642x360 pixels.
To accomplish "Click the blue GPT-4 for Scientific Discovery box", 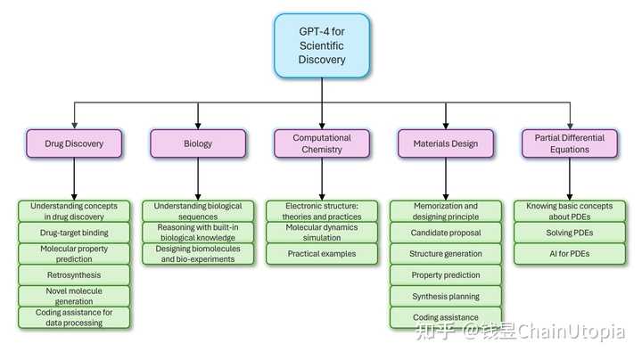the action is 322,45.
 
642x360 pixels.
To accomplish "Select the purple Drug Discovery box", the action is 74,143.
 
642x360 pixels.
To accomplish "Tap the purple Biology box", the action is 198,143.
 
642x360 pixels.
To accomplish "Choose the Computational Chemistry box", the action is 322,143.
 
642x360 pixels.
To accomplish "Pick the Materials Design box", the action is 446,143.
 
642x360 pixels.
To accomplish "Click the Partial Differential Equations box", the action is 570,143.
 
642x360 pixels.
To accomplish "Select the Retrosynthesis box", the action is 74,275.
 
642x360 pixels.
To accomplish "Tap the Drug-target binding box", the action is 74,233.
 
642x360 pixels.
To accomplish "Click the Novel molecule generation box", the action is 74,296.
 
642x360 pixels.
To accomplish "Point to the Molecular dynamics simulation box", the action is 322,233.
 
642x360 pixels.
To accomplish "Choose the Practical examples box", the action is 322,254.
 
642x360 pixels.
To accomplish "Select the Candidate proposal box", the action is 446,233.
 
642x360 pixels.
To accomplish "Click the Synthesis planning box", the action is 446,296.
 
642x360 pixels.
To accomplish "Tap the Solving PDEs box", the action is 570,233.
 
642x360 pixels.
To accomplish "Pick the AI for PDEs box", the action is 570,254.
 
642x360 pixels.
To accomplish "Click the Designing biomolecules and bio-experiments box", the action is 198,254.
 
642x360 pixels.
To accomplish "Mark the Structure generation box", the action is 446,254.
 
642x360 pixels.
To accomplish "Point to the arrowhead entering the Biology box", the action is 198,126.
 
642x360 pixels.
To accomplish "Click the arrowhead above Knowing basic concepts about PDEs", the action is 570,197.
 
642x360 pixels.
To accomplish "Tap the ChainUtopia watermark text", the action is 571,331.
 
